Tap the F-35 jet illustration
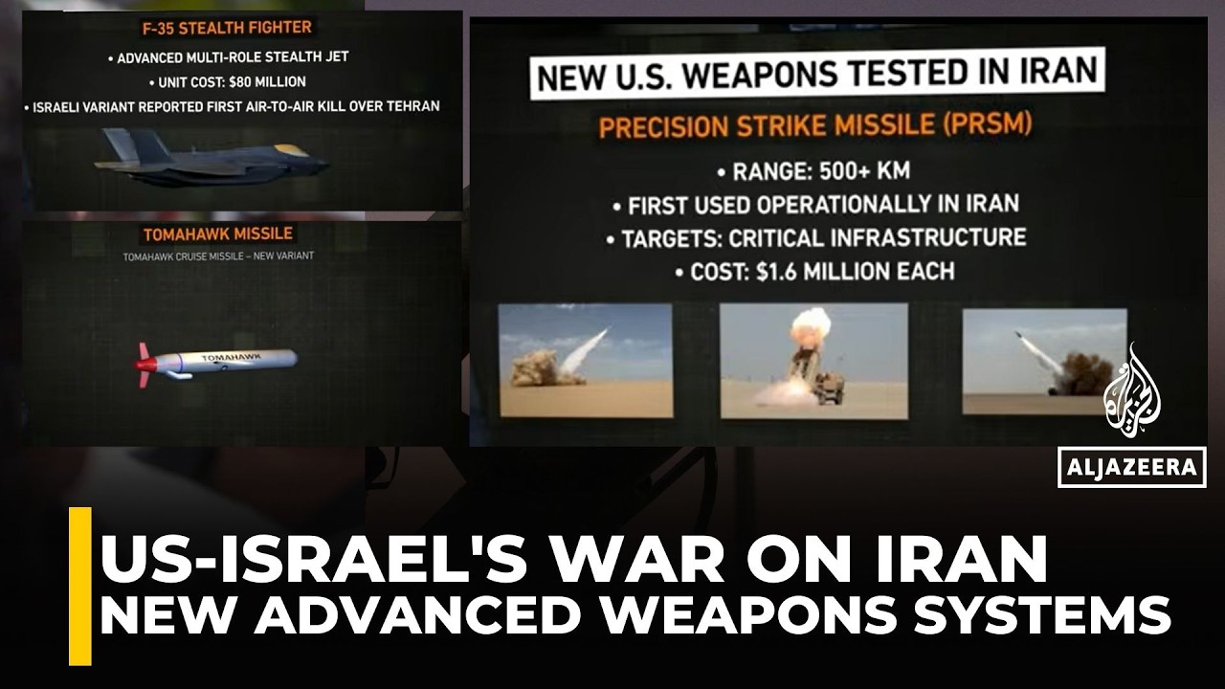coord(212,159)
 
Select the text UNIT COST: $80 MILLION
coord(227,81)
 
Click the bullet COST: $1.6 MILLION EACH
coord(822,271)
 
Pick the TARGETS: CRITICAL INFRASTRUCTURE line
coord(822,236)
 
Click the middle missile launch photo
coord(813,361)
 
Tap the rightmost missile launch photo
coord(1044,361)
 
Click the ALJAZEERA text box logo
coord(1131,467)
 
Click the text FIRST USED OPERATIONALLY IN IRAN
coord(822,204)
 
